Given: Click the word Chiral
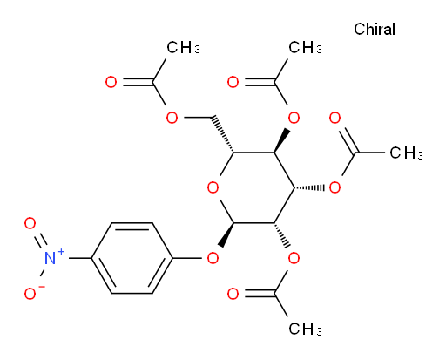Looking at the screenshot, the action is coord(375,29).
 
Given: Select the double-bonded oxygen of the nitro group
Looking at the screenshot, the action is coord(30,223).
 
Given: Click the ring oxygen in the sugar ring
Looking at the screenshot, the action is coord(213,187).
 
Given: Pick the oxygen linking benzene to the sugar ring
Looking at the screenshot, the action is coord(213,258).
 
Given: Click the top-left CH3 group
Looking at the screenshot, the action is coord(183,47).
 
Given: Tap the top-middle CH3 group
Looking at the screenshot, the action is coord(305,47).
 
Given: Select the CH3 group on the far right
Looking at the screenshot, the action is coord(406,153).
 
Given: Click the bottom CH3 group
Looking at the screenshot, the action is coord(305,329).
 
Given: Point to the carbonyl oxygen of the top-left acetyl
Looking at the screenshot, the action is coord(111,82).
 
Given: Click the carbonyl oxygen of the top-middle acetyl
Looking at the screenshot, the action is coord(233,82).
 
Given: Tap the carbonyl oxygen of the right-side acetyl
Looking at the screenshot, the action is coord(334,118).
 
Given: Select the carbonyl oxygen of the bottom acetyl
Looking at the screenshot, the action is coord(233,294).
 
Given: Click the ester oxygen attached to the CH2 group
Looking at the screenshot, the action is coord(172,118).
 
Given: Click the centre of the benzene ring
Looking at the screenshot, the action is coord(132,258).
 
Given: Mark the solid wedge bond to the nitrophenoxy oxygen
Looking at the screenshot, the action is coord(226,234).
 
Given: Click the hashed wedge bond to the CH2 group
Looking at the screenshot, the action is coord(223,134).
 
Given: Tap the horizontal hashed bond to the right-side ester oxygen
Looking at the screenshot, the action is coord(309,187).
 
